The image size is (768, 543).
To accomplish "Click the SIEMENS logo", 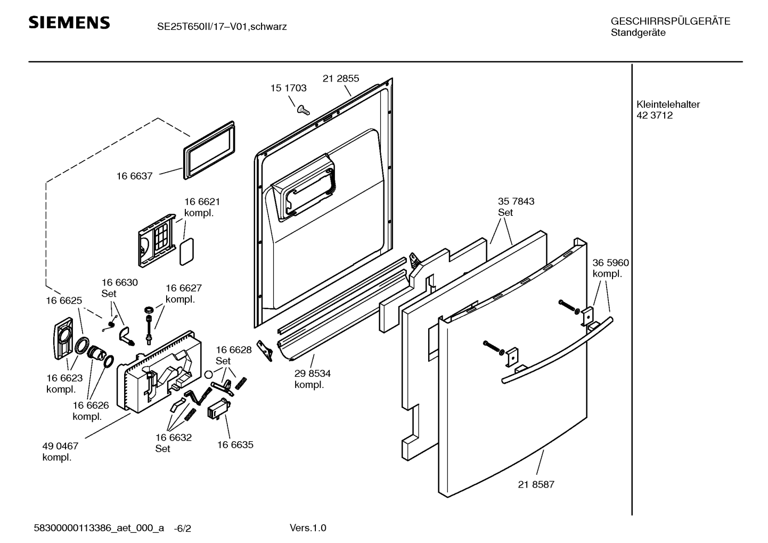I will coord(69,23).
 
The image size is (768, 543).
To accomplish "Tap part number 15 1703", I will coord(288,88).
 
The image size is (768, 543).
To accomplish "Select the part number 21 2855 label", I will coord(341,78).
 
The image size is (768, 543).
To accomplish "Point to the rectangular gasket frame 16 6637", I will coord(210,149).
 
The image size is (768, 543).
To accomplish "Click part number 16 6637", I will coord(134,176).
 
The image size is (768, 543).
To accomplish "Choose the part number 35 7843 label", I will coord(516,201).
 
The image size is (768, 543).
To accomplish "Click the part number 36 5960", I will coord(610,263).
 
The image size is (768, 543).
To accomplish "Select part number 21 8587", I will coord(536,484).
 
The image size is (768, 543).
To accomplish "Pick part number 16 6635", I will coord(235,444).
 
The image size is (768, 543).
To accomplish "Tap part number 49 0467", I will coord(60,447).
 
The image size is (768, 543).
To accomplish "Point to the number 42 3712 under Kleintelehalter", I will coord(655,116).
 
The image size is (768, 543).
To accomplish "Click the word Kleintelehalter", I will coord(668,104).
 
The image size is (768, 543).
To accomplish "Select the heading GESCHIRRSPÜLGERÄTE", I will coord(670,21).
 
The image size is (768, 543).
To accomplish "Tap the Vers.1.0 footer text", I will coord(308,528).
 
